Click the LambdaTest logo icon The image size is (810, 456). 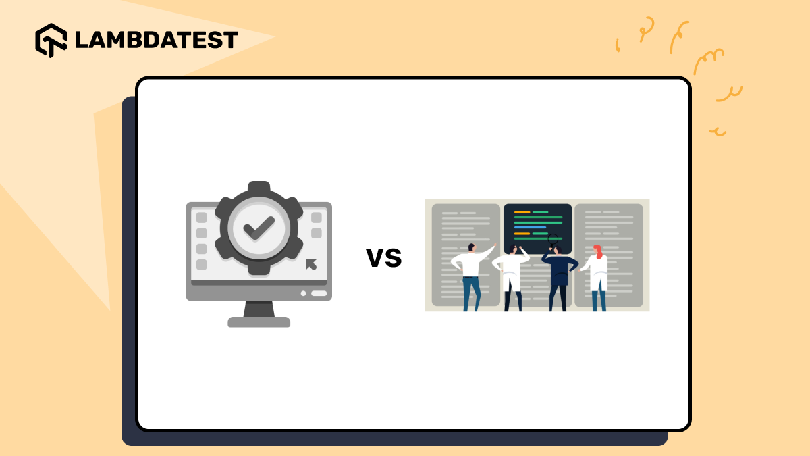click(x=51, y=40)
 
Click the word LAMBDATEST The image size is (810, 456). click(x=156, y=40)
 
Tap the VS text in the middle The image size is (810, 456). click(x=383, y=257)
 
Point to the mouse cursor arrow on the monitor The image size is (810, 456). click(x=310, y=264)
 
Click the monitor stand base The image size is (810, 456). click(x=259, y=322)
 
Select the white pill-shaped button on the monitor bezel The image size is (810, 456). click(x=319, y=293)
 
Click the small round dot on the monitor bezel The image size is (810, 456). click(x=303, y=293)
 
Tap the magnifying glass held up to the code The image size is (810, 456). click(x=553, y=239)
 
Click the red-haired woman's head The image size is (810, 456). click(x=597, y=251)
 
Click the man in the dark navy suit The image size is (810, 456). click(x=559, y=270)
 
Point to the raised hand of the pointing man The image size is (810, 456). click(x=494, y=245)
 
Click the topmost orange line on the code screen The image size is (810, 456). click(x=522, y=211)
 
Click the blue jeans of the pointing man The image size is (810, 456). click(x=471, y=292)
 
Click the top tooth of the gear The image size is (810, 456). click(x=259, y=187)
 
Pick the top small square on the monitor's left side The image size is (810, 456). click(x=201, y=218)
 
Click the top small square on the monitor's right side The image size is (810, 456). click(x=316, y=218)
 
